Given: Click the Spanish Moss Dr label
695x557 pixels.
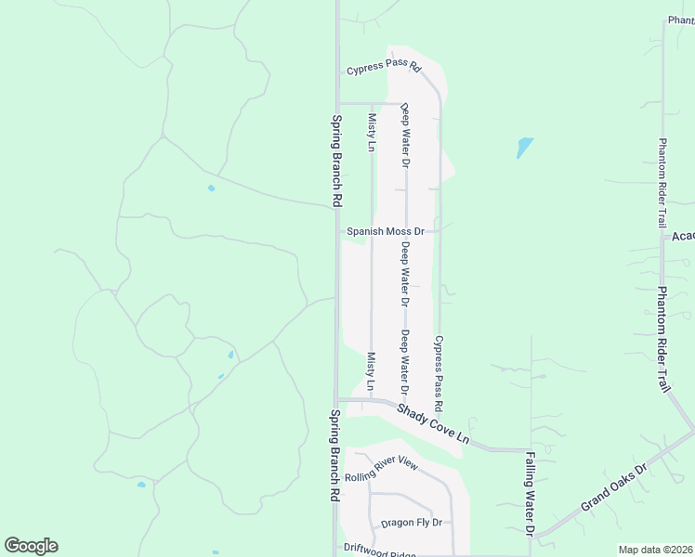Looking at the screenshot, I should coord(385,231).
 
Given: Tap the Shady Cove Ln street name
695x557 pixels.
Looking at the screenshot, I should coord(433,422).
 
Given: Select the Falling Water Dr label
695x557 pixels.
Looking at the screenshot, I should coord(529,494).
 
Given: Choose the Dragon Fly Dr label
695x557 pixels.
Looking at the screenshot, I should coord(410,524).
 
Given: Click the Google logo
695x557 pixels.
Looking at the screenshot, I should coord(31,546).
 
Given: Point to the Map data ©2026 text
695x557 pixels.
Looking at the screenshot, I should coord(655,550).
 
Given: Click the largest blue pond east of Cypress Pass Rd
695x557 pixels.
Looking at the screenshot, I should coord(525,147).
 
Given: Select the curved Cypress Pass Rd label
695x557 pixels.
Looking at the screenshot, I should coord(384,70).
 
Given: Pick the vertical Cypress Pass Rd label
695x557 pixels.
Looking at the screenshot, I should coord(439,374).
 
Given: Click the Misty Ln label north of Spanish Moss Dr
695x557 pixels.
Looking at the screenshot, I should coord(372,133).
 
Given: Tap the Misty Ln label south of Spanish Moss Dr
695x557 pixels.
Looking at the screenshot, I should coord(371,371).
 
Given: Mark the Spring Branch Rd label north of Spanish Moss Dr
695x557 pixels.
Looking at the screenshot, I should coord(336,160).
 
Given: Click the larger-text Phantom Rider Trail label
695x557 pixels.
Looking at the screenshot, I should coord(664,340).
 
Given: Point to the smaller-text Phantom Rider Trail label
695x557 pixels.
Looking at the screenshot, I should coord(662,183).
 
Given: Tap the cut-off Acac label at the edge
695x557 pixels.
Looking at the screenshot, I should coord(683,237).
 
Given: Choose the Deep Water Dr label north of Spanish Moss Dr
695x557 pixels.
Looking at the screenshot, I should coord(405,135).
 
